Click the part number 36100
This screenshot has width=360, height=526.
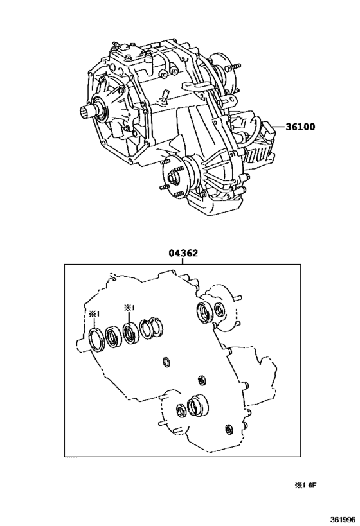coord(300,127)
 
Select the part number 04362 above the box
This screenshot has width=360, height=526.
coord(183,253)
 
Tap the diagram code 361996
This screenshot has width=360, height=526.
coord(343,520)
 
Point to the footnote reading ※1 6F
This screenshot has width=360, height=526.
coord(305,485)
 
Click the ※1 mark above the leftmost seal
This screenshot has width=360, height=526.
coord(94,314)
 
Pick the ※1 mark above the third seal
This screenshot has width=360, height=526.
coord(129,307)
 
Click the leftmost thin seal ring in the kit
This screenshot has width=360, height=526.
coord(96,340)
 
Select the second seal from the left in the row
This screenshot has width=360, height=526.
coord(113,337)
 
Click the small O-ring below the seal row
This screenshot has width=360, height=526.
coord(166,362)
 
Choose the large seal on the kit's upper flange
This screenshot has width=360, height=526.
coord(204,313)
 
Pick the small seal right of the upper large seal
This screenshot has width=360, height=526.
coord(219,310)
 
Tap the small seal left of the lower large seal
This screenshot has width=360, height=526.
coord(181,411)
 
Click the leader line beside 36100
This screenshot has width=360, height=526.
coord(279,127)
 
